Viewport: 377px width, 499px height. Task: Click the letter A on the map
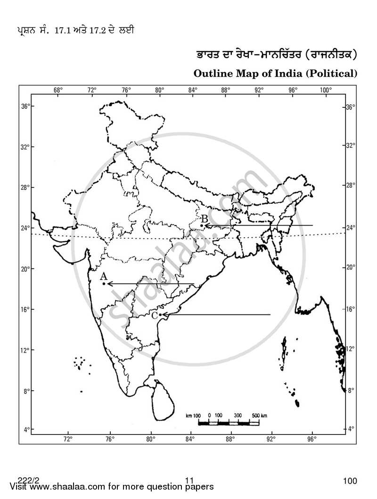[104, 276]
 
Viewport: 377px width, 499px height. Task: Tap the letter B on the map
[204, 218]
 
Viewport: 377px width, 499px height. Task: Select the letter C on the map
[154, 315]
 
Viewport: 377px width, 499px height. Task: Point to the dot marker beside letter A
[104, 283]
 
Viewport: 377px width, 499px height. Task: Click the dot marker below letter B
[202, 225]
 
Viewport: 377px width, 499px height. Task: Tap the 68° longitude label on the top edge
[58, 90]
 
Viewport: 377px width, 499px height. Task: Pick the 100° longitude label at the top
[325, 90]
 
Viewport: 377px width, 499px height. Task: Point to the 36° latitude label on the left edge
[25, 107]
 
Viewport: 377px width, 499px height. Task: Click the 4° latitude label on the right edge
[351, 429]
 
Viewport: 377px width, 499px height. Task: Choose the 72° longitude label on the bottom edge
[68, 439]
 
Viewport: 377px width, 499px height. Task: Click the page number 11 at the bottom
[189, 481]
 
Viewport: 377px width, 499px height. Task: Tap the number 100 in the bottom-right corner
[350, 481]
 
